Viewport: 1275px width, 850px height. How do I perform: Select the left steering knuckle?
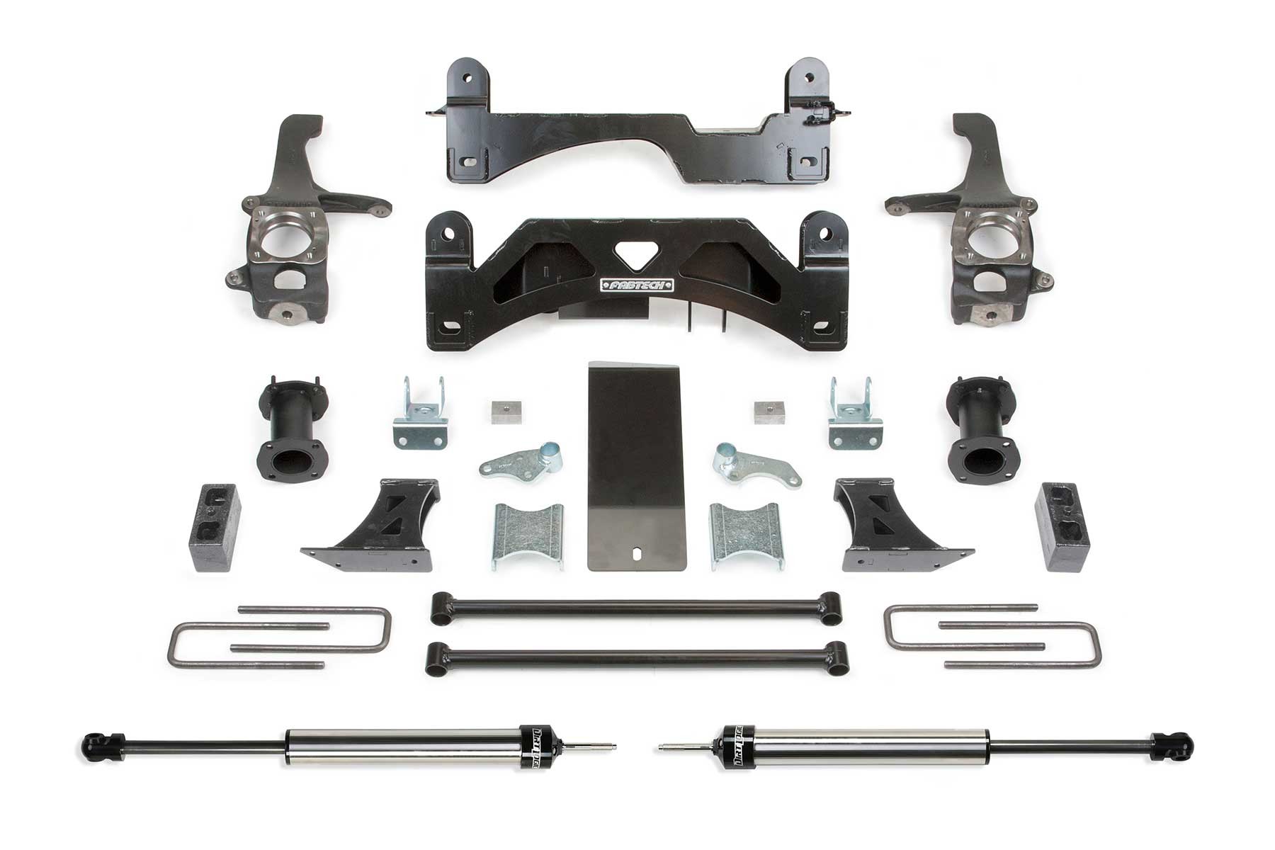coord(294,234)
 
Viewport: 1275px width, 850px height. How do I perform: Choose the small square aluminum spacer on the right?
coord(766,412)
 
